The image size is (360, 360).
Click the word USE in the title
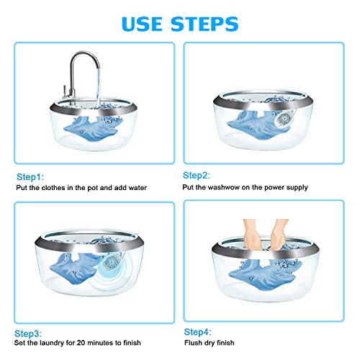pos(142,24)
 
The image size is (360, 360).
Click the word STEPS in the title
pos(204,24)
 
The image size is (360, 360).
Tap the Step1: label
pos(30,177)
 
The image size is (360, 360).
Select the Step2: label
pos(197,176)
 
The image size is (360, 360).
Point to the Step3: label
pos(28,333)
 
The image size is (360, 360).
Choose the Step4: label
pos(197,332)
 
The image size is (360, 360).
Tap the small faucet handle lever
pos(65,92)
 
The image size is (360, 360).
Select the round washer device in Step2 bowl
pos(285,118)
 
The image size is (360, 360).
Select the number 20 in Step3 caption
pos(81,343)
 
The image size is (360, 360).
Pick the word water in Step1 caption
pos(138,188)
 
